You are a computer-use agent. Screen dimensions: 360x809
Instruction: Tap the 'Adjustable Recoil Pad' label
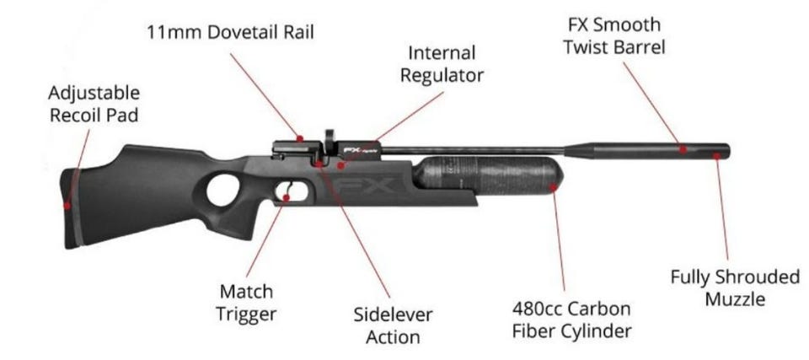pyautogui.click(x=94, y=104)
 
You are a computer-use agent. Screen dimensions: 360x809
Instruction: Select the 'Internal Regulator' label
pyautogui.click(x=442, y=64)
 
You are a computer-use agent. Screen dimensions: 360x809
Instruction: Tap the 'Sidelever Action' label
pyautogui.click(x=393, y=325)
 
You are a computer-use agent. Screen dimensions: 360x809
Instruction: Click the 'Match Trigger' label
pyautogui.click(x=246, y=303)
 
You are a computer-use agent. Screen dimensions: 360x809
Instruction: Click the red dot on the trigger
pyautogui.click(x=287, y=196)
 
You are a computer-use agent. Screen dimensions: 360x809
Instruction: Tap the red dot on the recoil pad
pyautogui.click(x=66, y=202)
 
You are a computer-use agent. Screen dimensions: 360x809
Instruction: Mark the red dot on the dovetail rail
pyautogui.click(x=299, y=137)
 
